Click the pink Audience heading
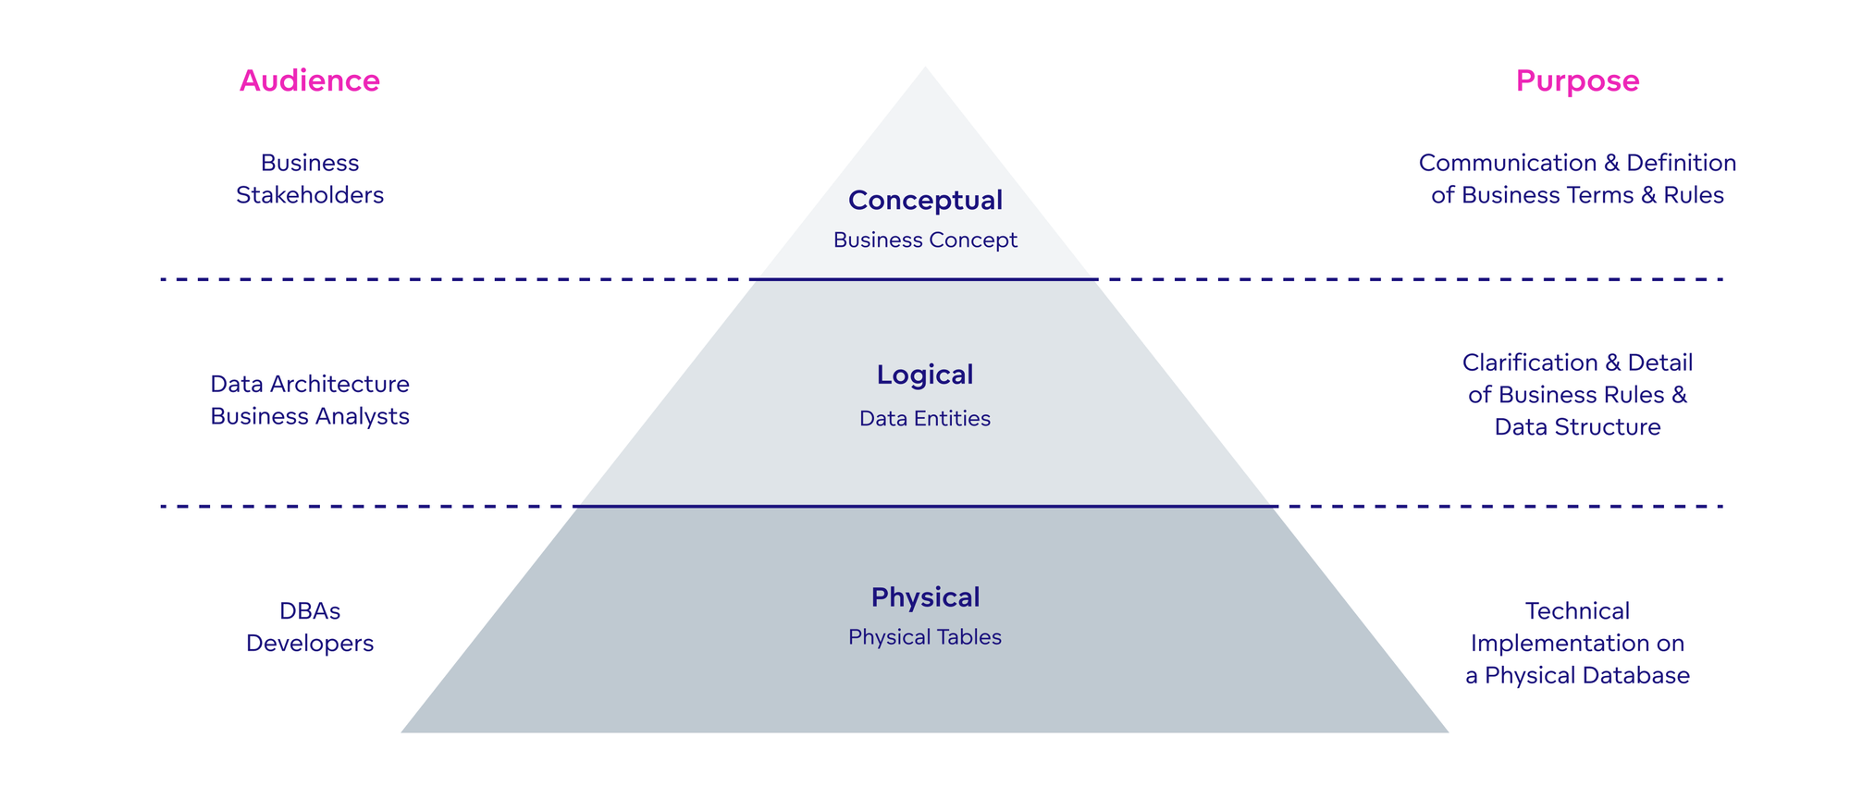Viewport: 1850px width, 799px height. click(x=310, y=81)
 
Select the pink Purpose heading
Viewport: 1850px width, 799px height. click(x=1577, y=81)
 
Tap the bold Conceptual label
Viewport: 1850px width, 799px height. click(x=925, y=200)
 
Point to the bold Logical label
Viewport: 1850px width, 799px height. click(x=925, y=375)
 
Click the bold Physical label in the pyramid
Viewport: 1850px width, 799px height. click(x=925, y=597)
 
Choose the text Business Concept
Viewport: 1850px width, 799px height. click(x=925, y=240)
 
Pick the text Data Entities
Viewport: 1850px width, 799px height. click(x=925, y=419)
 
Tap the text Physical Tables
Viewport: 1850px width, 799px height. click(x=925, y=637)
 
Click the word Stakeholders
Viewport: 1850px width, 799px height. click(x=310, y=195)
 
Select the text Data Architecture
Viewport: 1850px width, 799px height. click(x=310, y=384)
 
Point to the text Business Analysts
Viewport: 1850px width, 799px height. click(x=310, y=416)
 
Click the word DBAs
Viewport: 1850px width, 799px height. click(x=310, y=611)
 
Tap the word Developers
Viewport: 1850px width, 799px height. click(x=310, y=644)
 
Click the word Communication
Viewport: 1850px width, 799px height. click(x=1507, y=163)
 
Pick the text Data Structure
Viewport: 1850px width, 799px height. click(x=1577, y=427)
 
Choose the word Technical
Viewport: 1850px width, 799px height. click(x=1577, y=611)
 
